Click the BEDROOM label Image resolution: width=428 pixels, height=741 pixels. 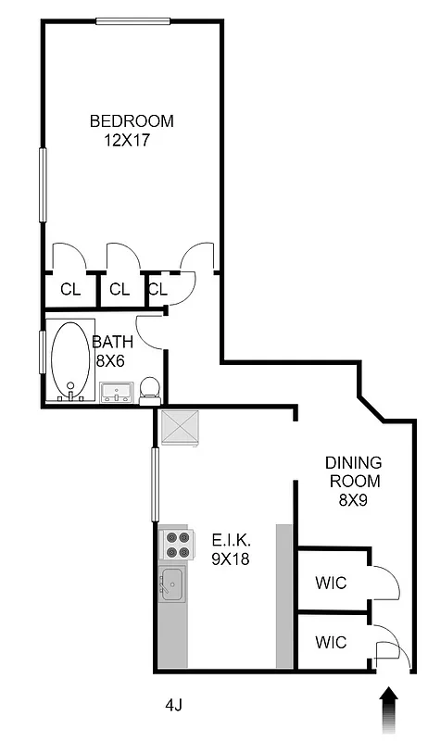[131, 120]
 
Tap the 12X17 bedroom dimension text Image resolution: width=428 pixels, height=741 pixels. [127, 142]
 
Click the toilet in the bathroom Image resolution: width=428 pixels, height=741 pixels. [149, 390]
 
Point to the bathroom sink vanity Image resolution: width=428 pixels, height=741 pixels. [118, 393]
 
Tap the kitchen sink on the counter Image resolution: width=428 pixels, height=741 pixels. [171, 584]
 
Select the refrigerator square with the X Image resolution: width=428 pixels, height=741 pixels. [179, 427]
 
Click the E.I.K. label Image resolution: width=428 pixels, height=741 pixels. [233, 538]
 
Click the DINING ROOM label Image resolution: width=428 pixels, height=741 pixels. [352, 471]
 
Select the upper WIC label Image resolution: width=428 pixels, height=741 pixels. [331, 583]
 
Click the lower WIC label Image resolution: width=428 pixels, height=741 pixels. [331, 642]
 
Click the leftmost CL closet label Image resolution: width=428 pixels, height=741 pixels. [70, 289]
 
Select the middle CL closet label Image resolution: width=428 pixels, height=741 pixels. [119, 289]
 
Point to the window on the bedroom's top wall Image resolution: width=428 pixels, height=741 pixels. [132, 22]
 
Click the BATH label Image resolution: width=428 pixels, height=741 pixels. [112, 342]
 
